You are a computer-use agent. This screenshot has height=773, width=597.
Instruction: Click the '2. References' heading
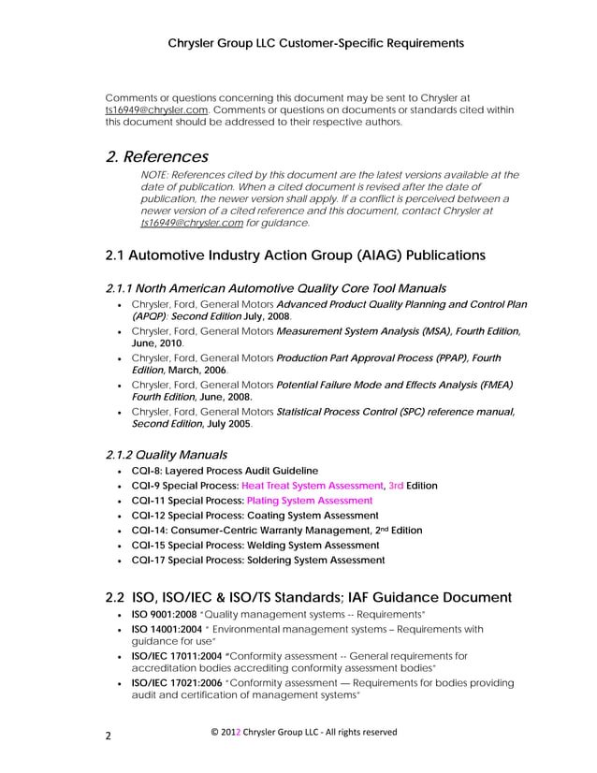[157, 156]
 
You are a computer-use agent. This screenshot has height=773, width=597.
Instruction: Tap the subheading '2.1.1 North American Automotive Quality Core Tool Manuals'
[275, 288]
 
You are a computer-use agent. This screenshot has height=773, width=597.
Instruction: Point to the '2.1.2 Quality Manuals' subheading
[166, 454]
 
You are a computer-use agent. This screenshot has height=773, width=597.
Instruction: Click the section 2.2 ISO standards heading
[308, 596]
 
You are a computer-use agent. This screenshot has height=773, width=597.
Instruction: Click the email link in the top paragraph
[156, 109]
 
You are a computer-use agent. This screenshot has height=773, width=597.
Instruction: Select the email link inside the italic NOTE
[191, 223]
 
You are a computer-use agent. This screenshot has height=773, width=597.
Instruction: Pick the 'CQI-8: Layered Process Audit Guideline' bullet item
[225, 470]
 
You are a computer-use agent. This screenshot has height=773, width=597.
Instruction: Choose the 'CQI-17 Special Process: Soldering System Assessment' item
[257, 560]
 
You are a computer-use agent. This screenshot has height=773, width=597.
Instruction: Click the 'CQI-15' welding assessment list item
[255, 545]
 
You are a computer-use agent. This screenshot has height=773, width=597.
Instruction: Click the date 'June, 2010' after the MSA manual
[156, 343]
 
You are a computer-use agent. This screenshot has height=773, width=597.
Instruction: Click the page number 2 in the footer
[108, 736]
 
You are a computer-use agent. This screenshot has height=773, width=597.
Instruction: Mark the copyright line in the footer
[292, 732]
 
